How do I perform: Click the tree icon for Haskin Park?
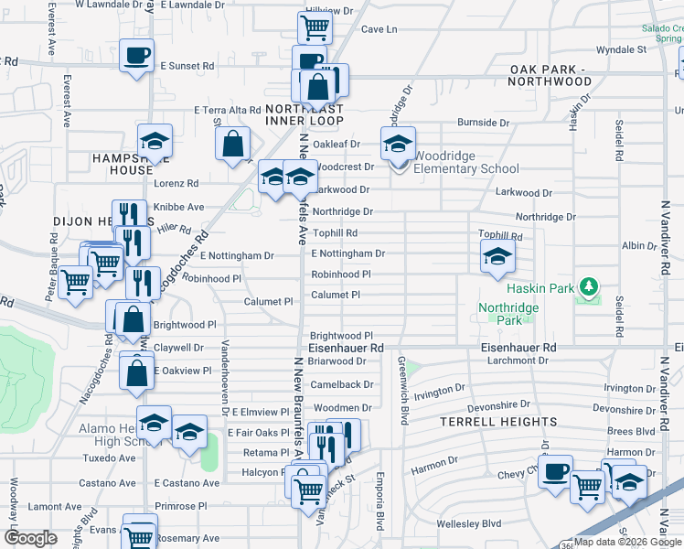click(x=590, y=287)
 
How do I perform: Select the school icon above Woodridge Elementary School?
click(x=398, y=145)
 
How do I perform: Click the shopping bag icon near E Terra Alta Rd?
click(x=233, y=143)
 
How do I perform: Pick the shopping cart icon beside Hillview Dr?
click(x=315, y=27)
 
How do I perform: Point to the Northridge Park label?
click(x=508, y=314)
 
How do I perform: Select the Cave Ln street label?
click(x=379, y=29)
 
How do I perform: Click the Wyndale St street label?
click(x=621, y=49)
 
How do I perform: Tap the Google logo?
click(x=32, y=537)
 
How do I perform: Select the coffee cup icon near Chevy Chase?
click(x=555, y=472)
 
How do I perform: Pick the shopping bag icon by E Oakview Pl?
click(x=136, y=373)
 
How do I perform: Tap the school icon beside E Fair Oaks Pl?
click(x=189, y=433)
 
